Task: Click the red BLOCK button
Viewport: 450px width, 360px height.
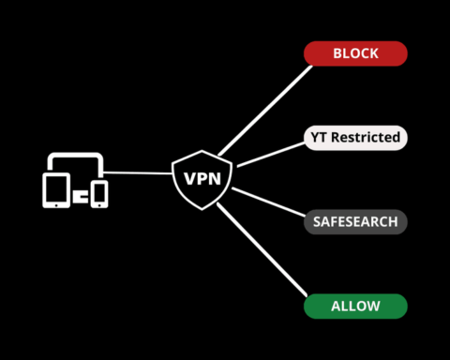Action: tap(355, 53)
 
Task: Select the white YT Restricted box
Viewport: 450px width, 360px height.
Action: tap(355, 138)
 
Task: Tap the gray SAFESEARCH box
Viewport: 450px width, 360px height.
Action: tap(355, 222)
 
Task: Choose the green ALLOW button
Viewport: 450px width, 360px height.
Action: tap(355, 307)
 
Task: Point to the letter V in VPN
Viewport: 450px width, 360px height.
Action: tap(187, 178)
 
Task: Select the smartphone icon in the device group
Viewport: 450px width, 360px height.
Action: tap(99, 193)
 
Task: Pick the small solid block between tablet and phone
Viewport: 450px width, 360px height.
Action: tap(80, 198)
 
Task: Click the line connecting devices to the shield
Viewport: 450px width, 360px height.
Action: tap(141, 172)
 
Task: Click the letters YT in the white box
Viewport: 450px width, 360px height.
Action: tap(319, 138)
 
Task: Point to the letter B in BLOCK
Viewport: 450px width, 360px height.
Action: tap(335, 53)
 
